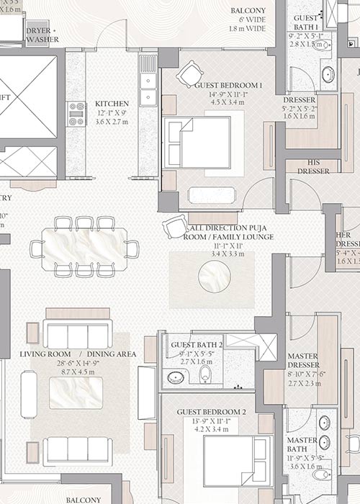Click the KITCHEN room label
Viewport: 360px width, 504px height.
point(112,104)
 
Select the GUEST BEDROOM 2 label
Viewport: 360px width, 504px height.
point(212,412)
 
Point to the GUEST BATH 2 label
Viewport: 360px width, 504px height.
point(197,345)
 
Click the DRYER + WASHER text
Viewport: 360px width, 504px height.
point(42,35)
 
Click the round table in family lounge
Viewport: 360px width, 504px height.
point(215,276)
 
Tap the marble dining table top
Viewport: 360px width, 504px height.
point(84,248)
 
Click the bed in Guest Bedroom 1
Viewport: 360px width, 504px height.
point(198,142)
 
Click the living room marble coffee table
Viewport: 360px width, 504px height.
point(75,393)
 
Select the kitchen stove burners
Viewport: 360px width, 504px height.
point(75,114)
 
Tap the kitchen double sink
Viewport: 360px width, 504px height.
point(148,88)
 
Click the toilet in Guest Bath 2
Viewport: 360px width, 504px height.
point(205,374)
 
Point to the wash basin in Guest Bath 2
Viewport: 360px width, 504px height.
point(175,377)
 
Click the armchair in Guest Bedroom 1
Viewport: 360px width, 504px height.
point(190,73)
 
